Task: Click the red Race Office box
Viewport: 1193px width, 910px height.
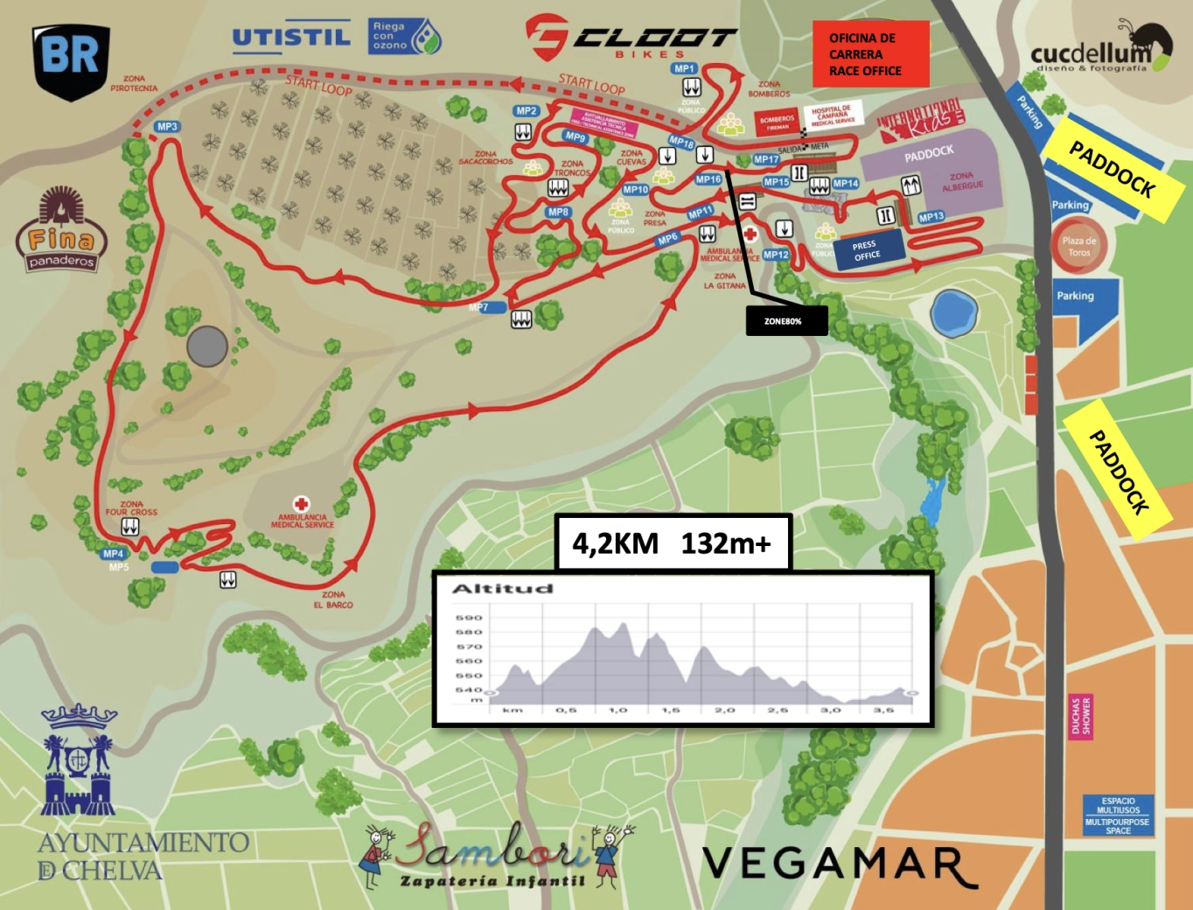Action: coord(870,54)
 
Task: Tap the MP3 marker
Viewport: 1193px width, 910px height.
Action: coord(166,127)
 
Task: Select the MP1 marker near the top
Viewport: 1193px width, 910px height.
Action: coord(684,68)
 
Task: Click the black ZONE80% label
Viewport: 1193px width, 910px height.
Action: coord(785,321)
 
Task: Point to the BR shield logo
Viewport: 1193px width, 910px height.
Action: coord(71,59)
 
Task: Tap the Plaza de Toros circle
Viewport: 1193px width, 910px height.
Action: coord(1078,247)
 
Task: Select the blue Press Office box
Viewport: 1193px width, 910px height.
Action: coord(866,251)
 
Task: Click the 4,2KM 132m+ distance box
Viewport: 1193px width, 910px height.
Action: coord(673,543)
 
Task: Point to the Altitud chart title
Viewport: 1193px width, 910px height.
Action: coord(502,589)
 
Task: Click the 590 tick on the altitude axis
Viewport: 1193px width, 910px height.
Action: coord(468,618)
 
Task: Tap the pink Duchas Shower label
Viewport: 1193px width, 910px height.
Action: coord(1081,717)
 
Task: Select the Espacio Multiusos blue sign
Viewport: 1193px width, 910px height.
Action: coord(1118,815)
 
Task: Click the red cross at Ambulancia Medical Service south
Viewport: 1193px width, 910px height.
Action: coord(302,504)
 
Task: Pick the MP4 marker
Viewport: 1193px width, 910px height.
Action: coord(114,554)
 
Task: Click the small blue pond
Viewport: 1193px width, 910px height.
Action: coord(952,313)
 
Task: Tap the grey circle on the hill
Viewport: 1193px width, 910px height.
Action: coord(207,346)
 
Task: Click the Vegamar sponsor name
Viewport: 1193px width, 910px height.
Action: coord(839,864)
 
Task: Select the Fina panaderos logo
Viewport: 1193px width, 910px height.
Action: coord(61,230)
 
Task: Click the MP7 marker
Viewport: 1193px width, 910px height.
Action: coord(479,307)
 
